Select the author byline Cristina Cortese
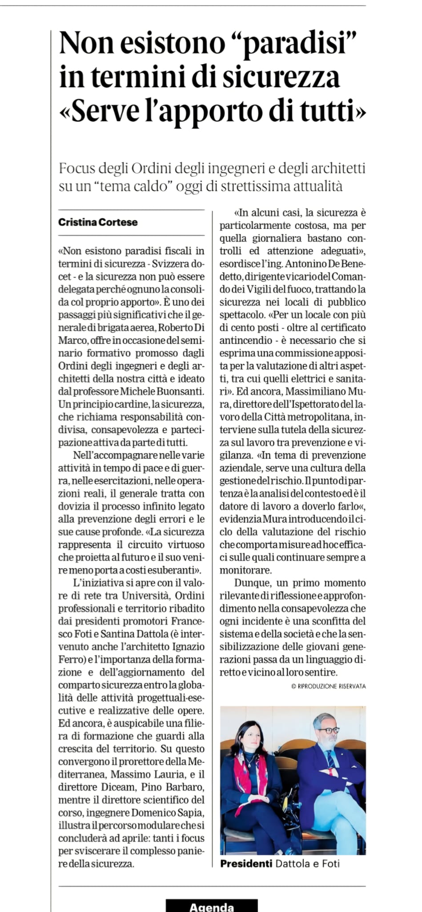(98, 222)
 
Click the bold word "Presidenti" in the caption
(246, 863)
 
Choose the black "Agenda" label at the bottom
(212, 907)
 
